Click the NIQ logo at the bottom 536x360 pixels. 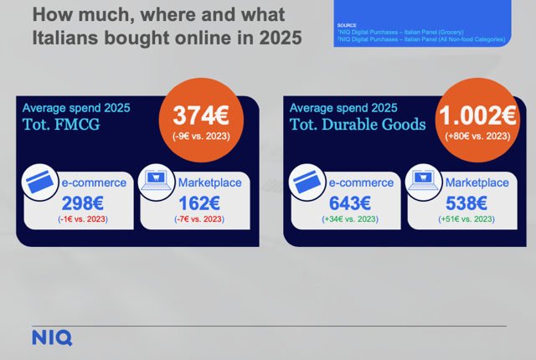[52, 337]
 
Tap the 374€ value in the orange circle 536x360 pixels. [201, 116]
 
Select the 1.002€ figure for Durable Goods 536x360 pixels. [477, 116]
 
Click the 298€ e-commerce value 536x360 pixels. [83, 203]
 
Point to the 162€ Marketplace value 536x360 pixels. [199, 203]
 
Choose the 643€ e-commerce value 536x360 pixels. [350, 203]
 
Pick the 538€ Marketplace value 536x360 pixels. [466, 203]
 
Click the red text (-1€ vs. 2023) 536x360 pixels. [83, 219]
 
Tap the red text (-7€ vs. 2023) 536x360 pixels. [199, 219]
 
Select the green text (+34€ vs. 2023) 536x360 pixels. [350, 219]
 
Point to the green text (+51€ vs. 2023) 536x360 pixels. [466, 219]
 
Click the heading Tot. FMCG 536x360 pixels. [61, 125]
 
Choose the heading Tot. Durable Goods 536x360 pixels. [358, 125]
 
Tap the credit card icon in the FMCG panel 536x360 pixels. [40, 182]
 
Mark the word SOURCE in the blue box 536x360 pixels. [347, 25]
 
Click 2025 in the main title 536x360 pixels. [281, 38]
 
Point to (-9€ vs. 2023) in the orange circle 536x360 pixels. [201, 136]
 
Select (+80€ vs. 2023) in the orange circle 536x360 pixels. [477, 136]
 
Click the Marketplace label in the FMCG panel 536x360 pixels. [210, 183]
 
